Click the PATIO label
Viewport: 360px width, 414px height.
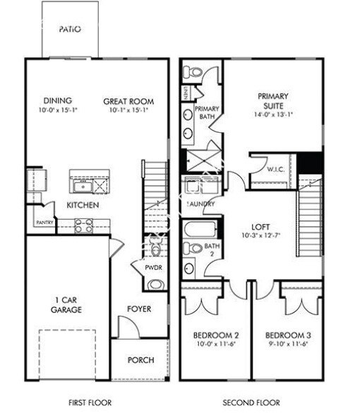click(70, 30)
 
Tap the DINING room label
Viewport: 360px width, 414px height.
click(57, 101)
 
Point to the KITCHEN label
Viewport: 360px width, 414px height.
click(82, 205)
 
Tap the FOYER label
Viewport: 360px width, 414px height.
click(139, 309)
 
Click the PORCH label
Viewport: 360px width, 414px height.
click(140, 360)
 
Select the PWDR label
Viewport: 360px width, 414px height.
click(153, 268)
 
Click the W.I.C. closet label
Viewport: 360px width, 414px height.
click(275, 170)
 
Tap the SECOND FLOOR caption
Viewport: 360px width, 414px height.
click(250, 403)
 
